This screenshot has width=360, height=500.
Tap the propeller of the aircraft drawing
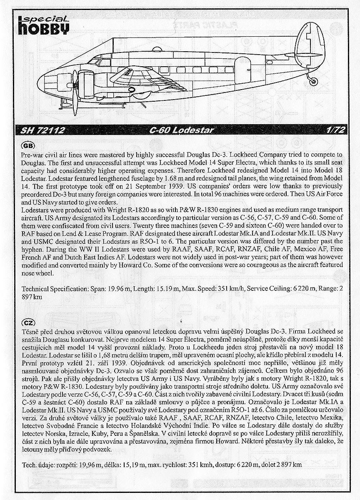click(75, 92)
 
